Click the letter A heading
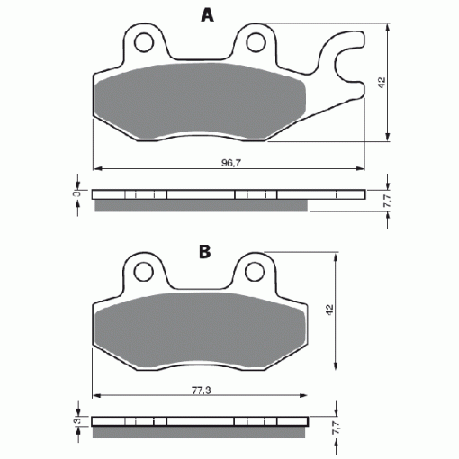tap(208, 15)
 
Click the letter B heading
tap(205, 252)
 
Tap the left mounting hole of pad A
tap(144, 42)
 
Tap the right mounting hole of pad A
tap(256, 41)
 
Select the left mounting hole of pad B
tap(144, 272)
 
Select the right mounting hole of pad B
tap(255, 272)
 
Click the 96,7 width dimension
tap(231, 163)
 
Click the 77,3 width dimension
tap(202, 391)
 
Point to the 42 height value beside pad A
tap(382, 83)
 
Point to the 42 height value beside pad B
tap(329, 310)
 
